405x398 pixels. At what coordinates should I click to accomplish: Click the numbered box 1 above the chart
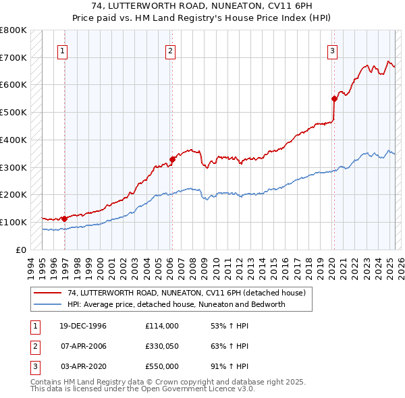coord(62,50)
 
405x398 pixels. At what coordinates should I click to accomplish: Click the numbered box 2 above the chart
coord(171,50)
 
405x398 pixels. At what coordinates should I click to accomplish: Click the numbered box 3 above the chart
coord(333,50)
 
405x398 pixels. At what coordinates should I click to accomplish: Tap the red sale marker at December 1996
coord(64,219)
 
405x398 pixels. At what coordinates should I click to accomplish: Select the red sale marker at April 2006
coord(172,159)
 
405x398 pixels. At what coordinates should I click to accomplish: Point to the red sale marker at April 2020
coord(334,98)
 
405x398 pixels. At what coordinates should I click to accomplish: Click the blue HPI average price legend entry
coord(176,304)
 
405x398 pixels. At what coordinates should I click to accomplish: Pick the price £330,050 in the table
coord(161,347)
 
